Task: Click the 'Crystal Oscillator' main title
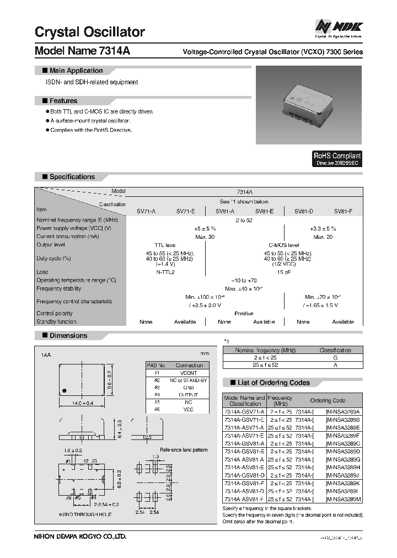89,32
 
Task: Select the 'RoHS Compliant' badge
337,159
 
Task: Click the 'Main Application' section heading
76,71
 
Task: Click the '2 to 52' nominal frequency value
244,220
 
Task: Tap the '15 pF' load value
283,272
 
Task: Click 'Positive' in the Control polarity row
244,313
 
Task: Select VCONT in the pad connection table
189,373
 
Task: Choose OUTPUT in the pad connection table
189,394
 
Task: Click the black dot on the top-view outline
65,388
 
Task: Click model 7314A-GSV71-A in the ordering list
244,412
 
